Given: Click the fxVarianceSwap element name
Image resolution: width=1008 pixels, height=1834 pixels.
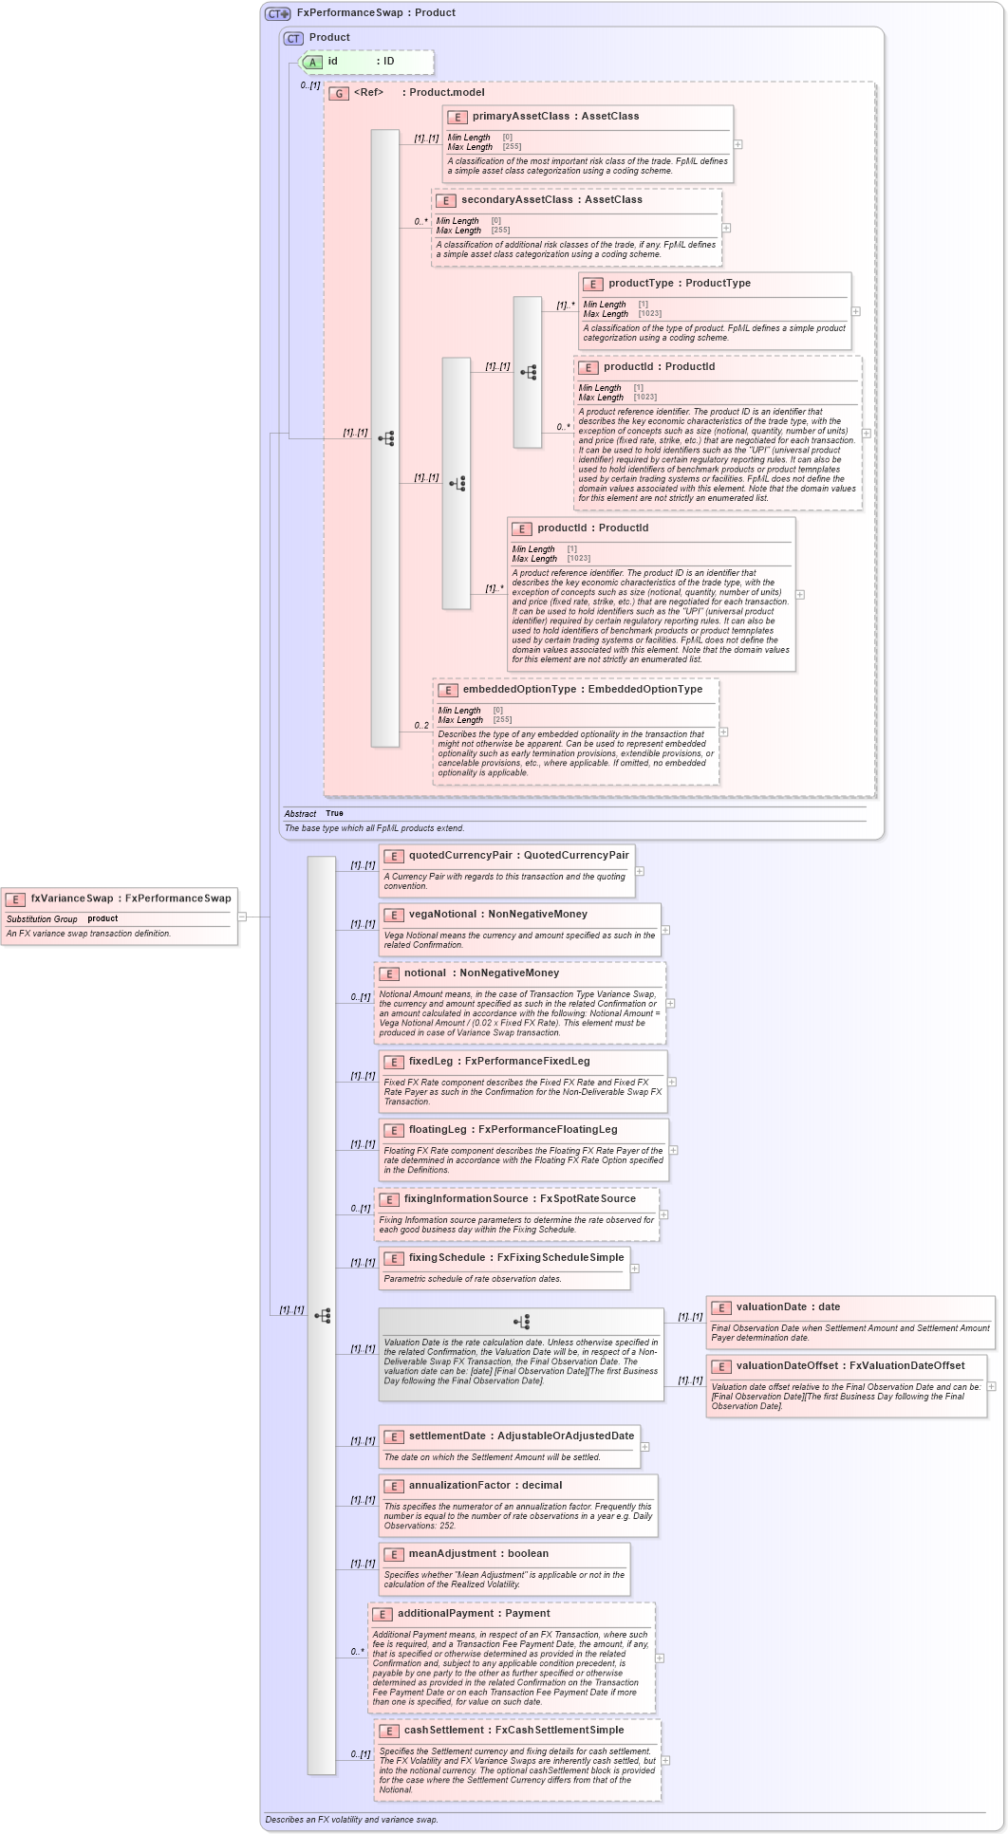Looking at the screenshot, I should coord(71,898).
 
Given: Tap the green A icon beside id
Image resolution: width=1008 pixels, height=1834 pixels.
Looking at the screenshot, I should coord(312,62).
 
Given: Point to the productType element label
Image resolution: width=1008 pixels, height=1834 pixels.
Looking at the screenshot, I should coord(641,284).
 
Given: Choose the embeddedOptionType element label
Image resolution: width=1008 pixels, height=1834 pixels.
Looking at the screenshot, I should coord(520,690).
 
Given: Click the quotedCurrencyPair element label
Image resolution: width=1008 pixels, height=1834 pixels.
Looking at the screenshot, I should coord(459,856).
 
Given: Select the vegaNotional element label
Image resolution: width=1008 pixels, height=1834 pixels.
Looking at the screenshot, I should coord(444,915).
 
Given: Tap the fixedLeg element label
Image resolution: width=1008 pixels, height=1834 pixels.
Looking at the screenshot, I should coord(432,1062).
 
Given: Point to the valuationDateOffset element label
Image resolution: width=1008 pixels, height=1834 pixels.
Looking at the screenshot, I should coord(787,1366).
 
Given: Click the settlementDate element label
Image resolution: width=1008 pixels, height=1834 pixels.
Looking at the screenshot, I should coord(446,1436).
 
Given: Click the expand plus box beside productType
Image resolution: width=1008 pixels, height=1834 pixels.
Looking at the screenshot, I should coord(855,311).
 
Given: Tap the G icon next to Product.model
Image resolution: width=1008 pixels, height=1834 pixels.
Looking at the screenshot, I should coord(339,94).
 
